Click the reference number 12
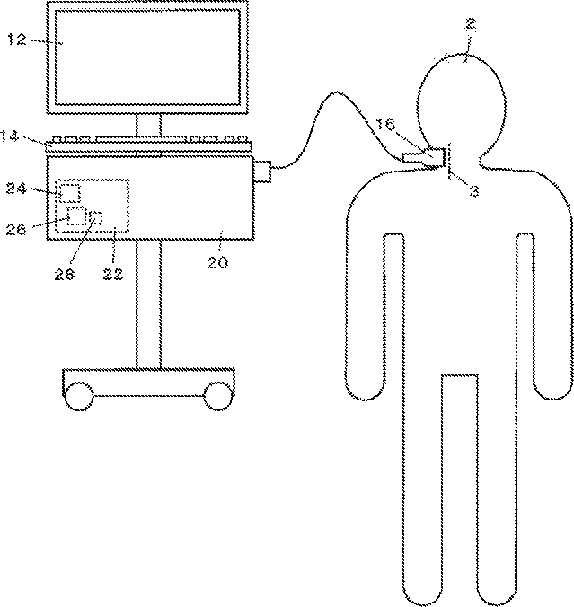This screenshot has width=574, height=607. [17, 40]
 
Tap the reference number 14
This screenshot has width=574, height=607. [9, 136]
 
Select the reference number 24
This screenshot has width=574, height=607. [16, 189]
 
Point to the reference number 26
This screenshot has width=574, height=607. [16, 230]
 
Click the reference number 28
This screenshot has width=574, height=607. [65, 275]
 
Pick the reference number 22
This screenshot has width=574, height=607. [113, 275]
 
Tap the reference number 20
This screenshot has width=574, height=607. [217, 262]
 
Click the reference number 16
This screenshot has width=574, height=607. [385, 124]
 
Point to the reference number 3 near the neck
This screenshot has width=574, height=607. [474, 191]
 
